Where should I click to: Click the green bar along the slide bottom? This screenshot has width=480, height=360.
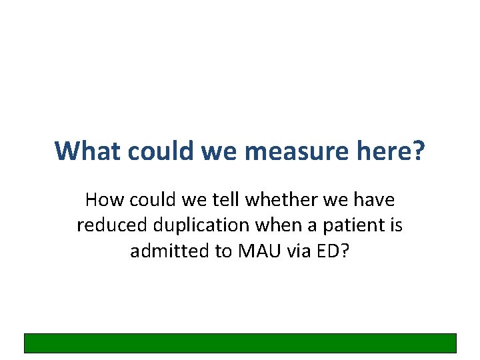pyautogui.click(x=240, y=343)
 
